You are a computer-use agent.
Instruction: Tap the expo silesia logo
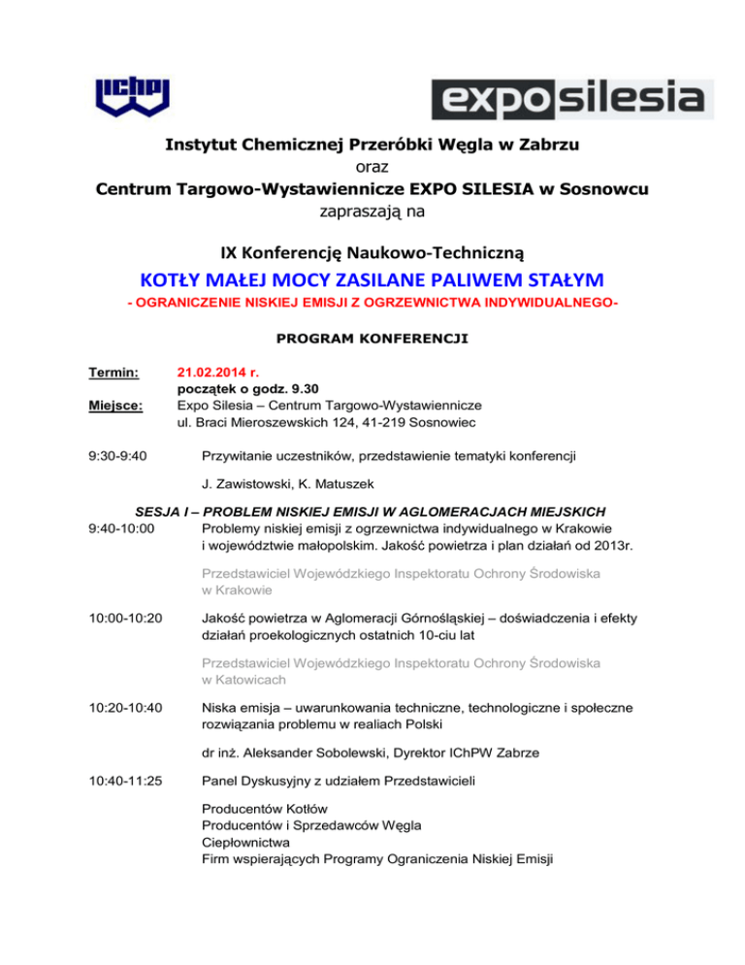(572, 98)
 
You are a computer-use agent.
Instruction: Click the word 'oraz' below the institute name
(372, 167)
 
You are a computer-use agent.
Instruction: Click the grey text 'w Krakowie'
(238, 590)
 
